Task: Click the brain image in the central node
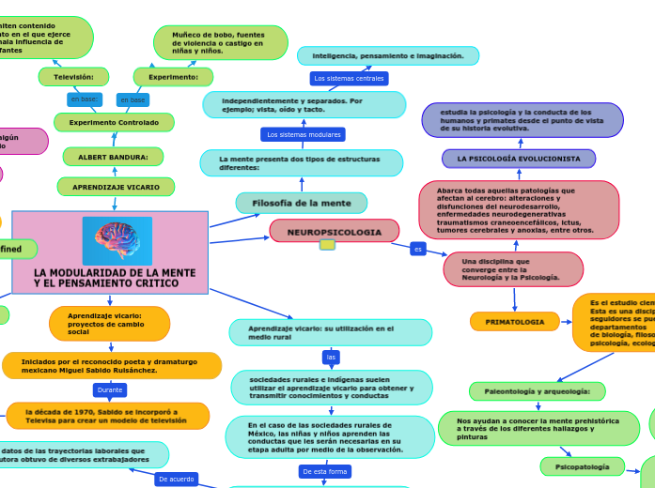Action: point(117,241)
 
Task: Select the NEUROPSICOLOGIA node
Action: point(334,231)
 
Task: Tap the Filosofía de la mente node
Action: point(302,203)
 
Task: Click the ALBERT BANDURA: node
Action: point(113,157)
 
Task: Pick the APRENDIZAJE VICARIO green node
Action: point(116,187)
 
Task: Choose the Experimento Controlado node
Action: point(114,122)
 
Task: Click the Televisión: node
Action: point(73,76)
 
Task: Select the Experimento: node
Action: point(173,76)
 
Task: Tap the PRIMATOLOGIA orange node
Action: point(514,322)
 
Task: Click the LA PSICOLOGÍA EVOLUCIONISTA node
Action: point(519,159)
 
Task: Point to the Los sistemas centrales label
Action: point(349,79)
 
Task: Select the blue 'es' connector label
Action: point(418,249)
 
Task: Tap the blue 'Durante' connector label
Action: point(110,389)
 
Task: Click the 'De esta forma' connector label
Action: point(324,471)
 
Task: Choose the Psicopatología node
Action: point(582,465)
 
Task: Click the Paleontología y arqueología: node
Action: point(537,390)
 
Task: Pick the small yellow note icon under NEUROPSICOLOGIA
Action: point(327,245)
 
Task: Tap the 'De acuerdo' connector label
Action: point(176,479)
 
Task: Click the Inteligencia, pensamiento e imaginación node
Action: point(388,56)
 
